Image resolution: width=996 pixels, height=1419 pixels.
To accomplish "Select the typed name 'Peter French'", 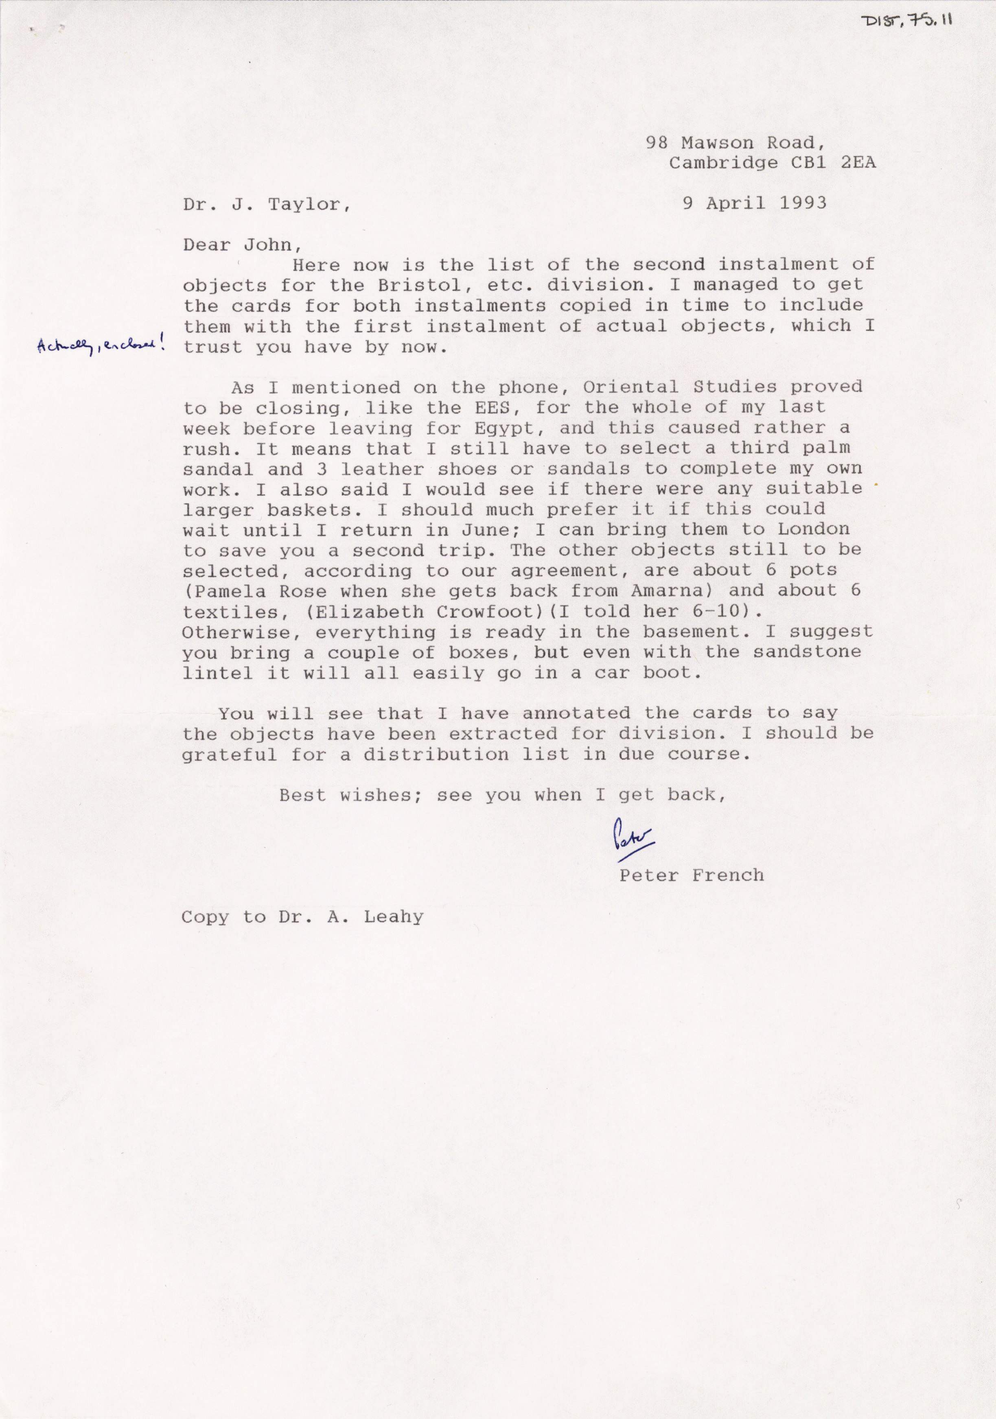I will tap(691, 875).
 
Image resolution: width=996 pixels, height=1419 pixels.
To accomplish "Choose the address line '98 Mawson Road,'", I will tap(735, 143).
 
